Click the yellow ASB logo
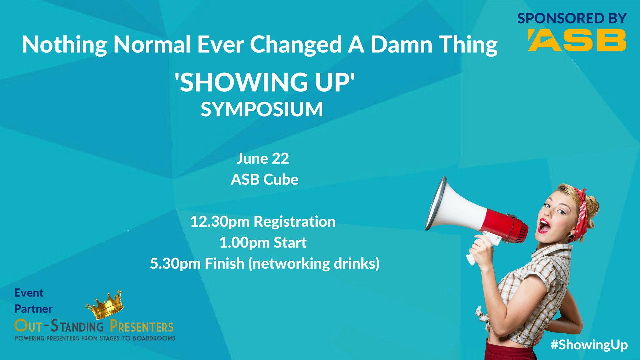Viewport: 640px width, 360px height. point(577,40)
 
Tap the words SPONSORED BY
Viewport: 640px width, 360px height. point(572,18)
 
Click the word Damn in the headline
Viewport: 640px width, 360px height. point(401,44)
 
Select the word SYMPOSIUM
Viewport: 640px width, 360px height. point(262,109)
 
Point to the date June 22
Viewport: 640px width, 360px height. point(263,158)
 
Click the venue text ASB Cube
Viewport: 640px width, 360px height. point(264,179)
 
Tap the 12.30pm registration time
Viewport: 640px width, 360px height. point(263,222)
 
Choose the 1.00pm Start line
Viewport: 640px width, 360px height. point(263,243)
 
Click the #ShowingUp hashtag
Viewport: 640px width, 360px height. point(589,345)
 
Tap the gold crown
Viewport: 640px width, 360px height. point(105,305)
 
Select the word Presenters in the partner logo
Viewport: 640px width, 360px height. point(142,326)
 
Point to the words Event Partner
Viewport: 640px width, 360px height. point(33,301)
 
